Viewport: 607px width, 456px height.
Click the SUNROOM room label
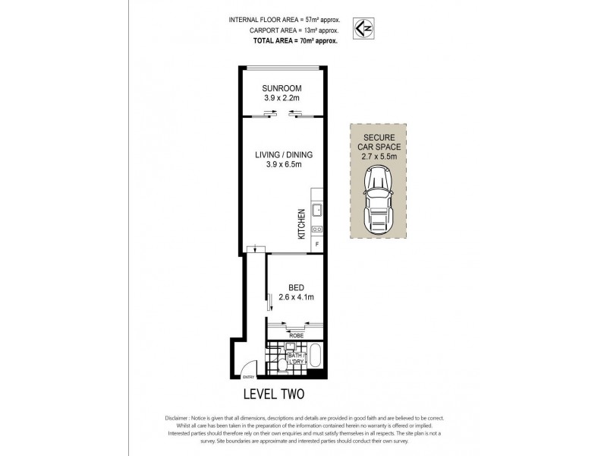pos(283,87)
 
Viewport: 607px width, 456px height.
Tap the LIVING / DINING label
pos(283,154)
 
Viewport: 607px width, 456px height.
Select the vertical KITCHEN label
pos(301,224)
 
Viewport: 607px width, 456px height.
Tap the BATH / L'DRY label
pos(295,358)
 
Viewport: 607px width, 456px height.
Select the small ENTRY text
pos(247,378)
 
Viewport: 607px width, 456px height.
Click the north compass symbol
pos(363,29)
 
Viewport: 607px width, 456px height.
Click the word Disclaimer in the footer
pos(179,419)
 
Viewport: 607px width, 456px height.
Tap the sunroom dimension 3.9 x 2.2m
pos(283,98)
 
